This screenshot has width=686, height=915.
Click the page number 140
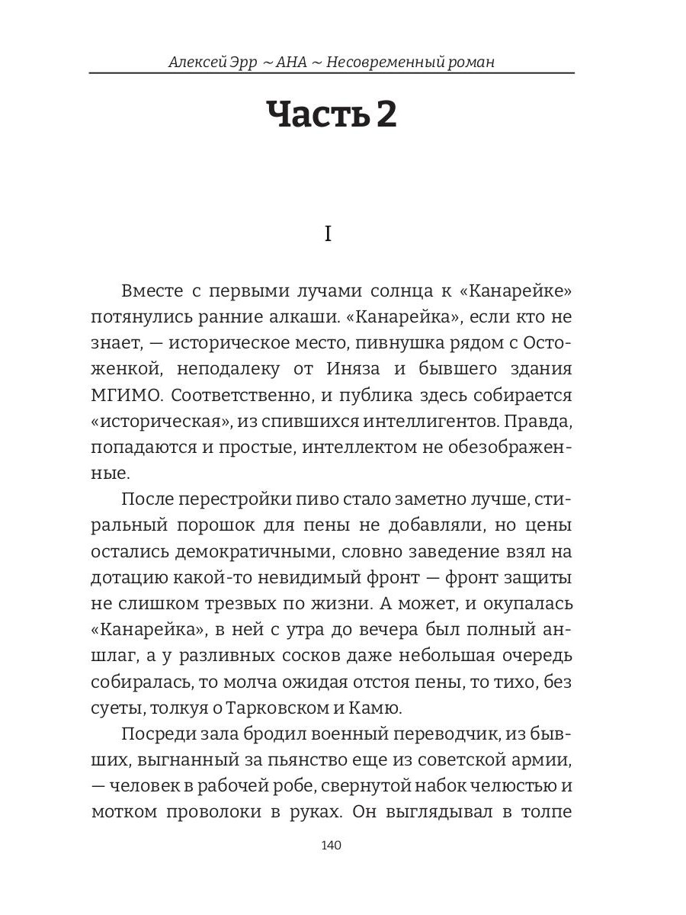point(332,846)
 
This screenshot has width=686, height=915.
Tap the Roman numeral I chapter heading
point(329,234)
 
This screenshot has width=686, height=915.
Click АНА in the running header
point(293,62)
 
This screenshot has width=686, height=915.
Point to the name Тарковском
point(280,709)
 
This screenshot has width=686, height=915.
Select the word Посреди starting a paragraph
point(155,734)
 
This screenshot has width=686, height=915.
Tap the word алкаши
point(298,317)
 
